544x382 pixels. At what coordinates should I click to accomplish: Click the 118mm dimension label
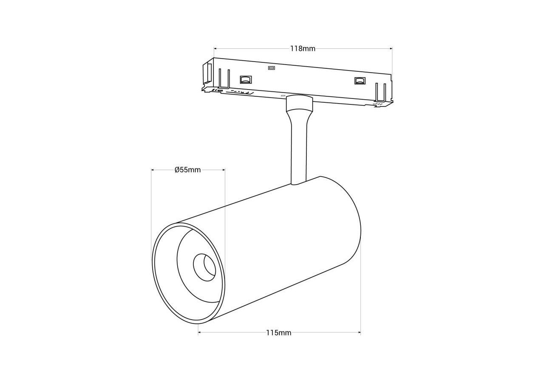303,49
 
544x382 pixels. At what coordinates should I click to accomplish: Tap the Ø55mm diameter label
187,170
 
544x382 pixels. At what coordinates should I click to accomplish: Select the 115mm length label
279,333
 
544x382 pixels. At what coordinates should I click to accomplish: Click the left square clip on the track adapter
246,79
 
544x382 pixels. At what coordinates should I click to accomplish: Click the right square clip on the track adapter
360,81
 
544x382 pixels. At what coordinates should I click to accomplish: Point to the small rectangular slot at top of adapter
271,67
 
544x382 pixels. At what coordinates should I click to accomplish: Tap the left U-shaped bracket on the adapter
224,79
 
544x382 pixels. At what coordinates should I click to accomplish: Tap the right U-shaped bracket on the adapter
381,92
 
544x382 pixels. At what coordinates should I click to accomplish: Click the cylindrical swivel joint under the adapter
299,103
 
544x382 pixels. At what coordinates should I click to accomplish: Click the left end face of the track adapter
207,74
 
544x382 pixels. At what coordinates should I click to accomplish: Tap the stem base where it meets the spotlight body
298,183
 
